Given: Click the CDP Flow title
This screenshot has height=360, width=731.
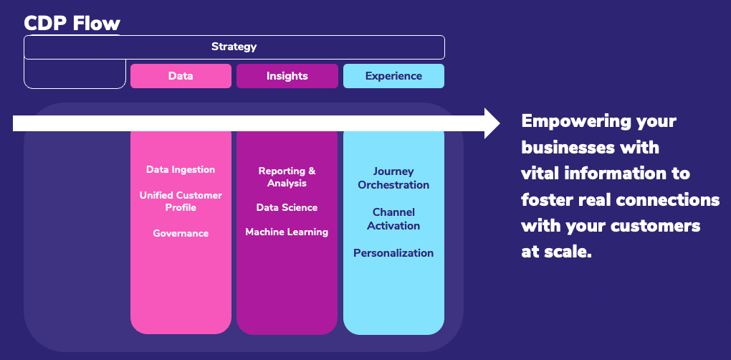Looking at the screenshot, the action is click(72, 23).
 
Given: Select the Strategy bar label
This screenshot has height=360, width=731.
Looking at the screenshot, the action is click(234, 47).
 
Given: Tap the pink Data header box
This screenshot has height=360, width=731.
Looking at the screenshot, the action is click(181, 76).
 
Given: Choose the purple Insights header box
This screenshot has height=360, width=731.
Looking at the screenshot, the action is click(287, 76).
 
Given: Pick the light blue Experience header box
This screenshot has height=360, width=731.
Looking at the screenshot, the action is click(393, 76).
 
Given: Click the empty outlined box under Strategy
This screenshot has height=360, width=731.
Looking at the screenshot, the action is click(75, 87).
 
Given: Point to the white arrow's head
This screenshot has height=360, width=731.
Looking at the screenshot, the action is click(492, 123).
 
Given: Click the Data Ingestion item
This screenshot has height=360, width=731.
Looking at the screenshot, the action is click(181, 170).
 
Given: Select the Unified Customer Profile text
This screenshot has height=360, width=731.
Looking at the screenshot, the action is click(181, 201).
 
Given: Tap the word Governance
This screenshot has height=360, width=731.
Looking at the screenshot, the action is click(181, 233).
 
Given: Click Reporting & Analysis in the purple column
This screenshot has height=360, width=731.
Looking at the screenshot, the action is click(287, 176).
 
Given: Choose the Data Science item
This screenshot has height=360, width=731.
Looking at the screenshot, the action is click(287, 207).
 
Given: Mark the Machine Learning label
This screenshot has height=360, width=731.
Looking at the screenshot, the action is click(287, 232).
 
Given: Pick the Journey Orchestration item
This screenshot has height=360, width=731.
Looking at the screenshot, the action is click(393, 178).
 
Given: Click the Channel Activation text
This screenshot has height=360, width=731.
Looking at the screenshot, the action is click(393, 219).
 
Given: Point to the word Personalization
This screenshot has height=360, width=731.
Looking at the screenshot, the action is click(393, 252).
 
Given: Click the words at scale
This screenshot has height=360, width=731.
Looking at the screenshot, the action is click(557, 252).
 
